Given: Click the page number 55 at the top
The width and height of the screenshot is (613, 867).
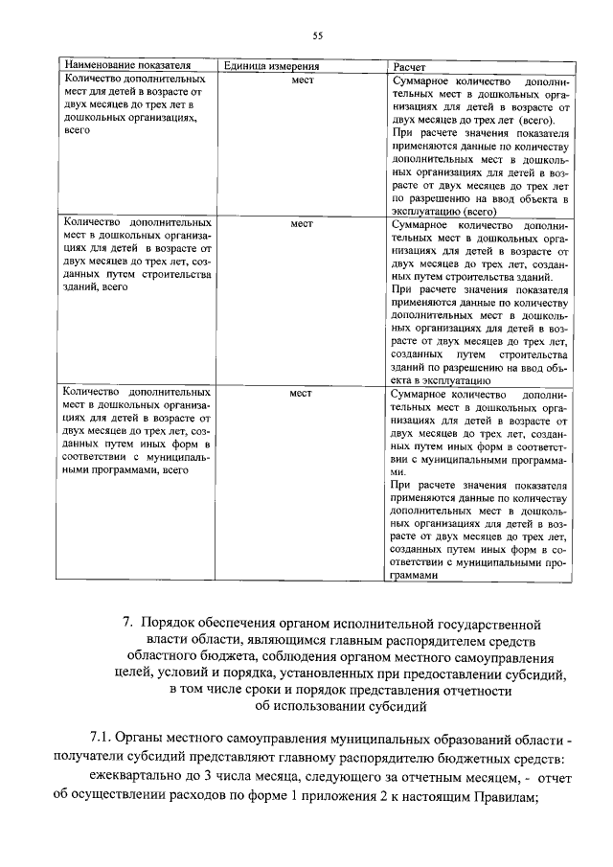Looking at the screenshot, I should coord(317,35).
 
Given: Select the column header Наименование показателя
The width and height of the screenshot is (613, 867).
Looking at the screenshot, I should coord(120,65).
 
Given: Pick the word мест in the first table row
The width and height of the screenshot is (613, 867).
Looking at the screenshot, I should coord(303,80).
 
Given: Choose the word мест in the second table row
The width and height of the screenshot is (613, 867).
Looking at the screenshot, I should coord(303,224).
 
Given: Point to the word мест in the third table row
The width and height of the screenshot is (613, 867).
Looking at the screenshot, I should coord(303,392).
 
